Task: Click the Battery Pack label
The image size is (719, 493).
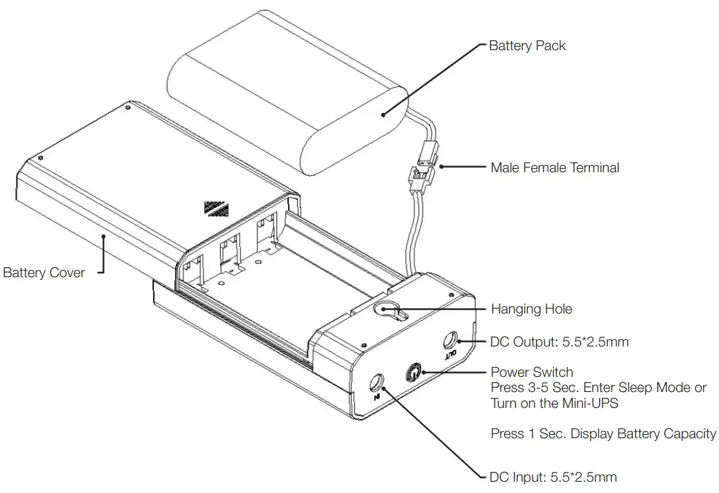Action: [527, 46]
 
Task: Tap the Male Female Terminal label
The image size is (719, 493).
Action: [554, 168]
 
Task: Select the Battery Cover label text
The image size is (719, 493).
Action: [44, 273]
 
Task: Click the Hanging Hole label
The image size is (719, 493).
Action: [531, 309]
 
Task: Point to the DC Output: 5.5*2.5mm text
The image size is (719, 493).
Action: [559, 342]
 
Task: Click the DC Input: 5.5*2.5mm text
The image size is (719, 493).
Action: [554, 477]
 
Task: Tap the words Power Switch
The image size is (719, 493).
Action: [531, 372]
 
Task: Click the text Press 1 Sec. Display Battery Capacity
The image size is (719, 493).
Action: [603, 434]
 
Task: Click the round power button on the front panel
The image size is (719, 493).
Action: [414, 372]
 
